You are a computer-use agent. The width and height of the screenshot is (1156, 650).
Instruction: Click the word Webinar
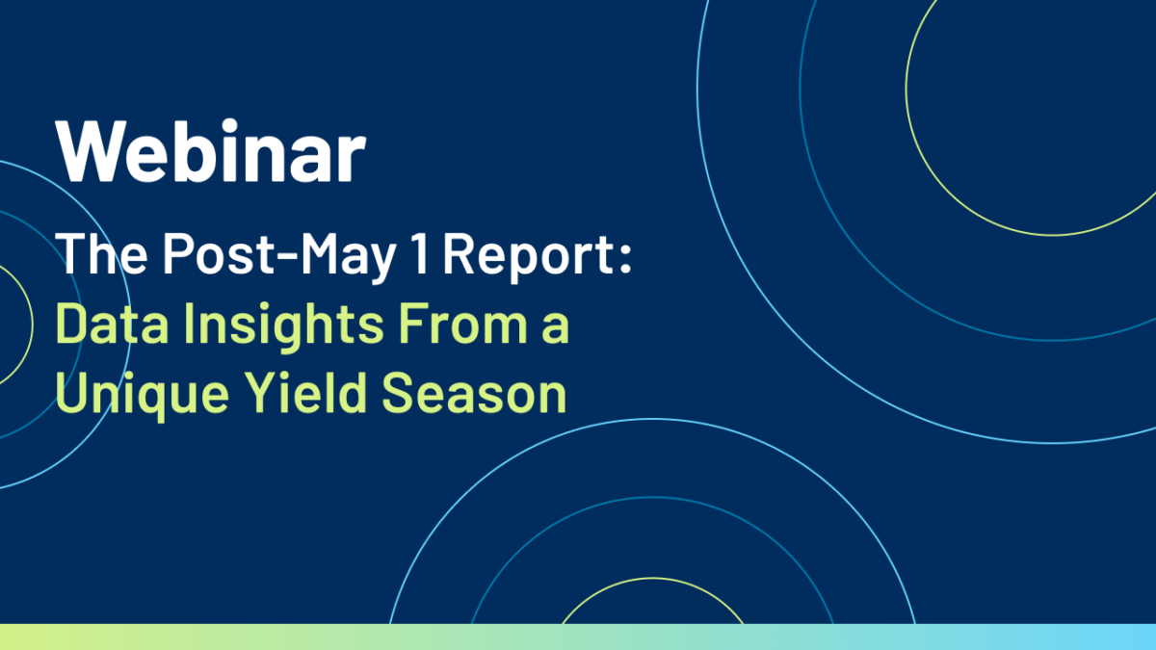[211, 150]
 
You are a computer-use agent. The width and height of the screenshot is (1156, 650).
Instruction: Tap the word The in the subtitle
[101, 253]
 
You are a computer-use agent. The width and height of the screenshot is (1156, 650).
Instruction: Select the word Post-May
[279, 257]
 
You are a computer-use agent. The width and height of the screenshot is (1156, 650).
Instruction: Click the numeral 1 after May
[420, 252]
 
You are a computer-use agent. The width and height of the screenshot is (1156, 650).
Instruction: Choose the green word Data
[112, 323]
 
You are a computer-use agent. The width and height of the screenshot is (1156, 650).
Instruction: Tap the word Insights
[284, 327]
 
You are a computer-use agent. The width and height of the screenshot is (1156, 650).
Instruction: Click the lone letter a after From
[556, 328]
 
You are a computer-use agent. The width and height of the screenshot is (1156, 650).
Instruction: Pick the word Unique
[142, 396]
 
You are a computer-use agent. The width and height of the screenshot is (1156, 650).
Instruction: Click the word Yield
[305, 392]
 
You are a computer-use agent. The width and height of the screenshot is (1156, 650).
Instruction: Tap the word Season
[474, 392]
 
